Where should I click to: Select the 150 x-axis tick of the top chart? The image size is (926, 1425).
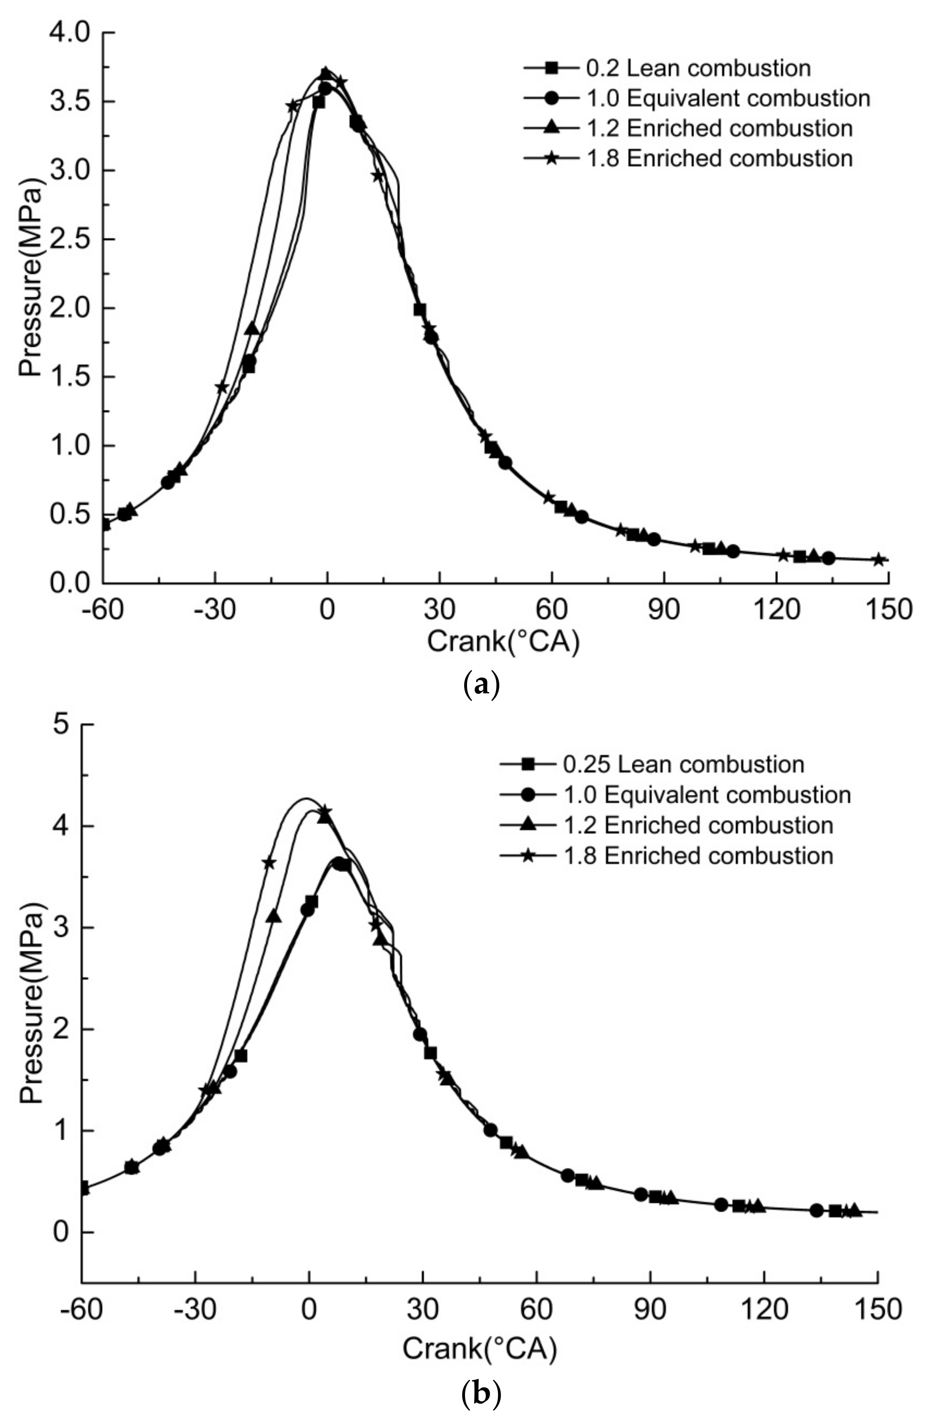point(888,609)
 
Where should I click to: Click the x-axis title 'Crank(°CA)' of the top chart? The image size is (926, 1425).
point(503,642)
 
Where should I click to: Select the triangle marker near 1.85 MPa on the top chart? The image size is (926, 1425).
point(252,328)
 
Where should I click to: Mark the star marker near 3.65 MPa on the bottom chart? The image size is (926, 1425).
point(269,863)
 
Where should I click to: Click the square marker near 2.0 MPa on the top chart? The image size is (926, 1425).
point(419,309)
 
